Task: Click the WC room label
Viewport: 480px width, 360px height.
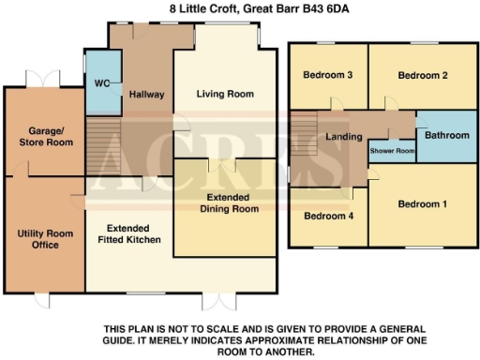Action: [97, 82]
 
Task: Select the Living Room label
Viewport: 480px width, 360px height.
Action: [225, 94]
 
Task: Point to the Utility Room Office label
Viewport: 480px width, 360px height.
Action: [38, 239]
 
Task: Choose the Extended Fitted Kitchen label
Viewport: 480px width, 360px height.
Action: [133, 234]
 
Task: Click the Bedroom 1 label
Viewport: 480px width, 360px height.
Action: [422, 204]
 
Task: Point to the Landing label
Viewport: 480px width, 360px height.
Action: [344, 138]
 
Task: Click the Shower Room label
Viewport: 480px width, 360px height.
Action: [392, 151]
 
